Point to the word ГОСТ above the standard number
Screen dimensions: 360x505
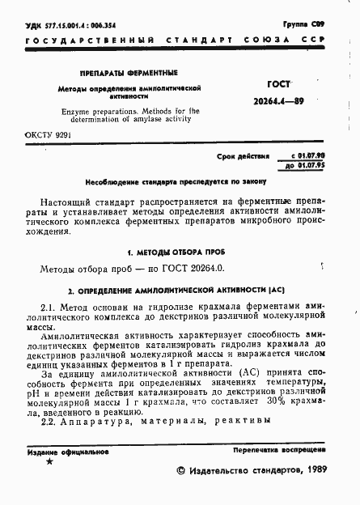(x=280, y=83)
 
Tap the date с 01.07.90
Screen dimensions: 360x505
(x=306, y=153)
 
